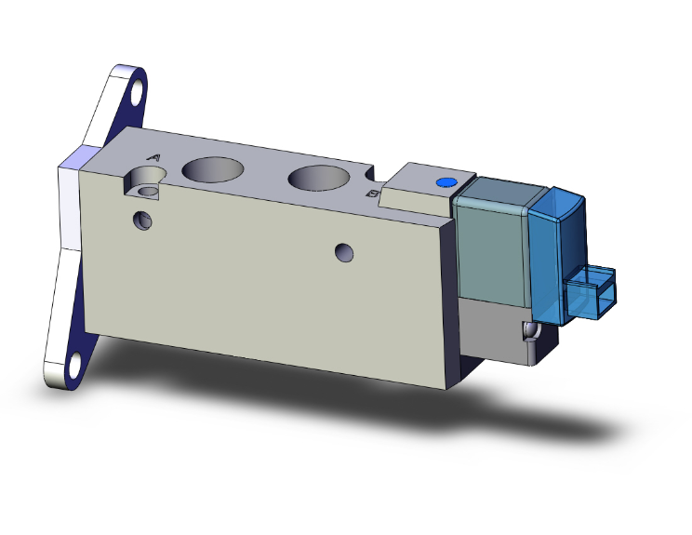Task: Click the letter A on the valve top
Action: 154,158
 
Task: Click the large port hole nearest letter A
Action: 213,168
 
